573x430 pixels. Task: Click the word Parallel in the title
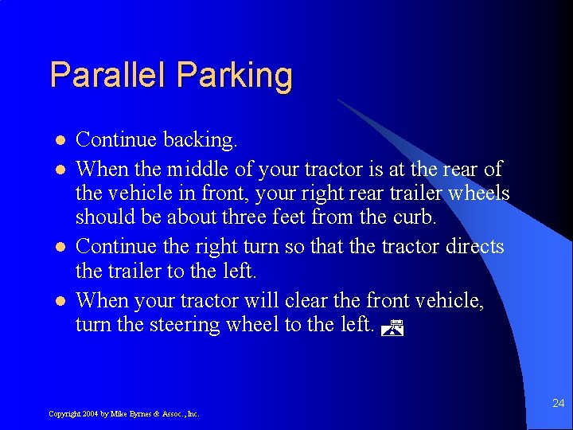pos(109,76)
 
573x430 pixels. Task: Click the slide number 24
pos(558,404)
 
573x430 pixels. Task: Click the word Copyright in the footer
pos(64,414)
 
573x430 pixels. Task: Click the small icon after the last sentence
pos(390,324)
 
